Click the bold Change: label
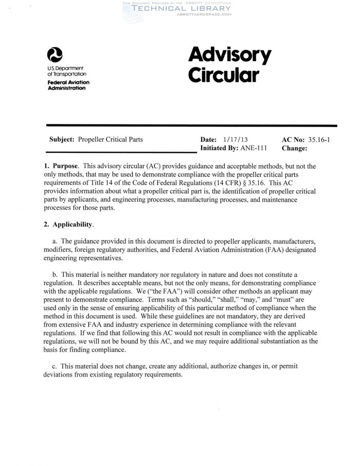pos(295,148)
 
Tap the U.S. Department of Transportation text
pos(65,70)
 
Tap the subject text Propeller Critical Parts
pos(111,139)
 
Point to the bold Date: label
pos(209,139)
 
